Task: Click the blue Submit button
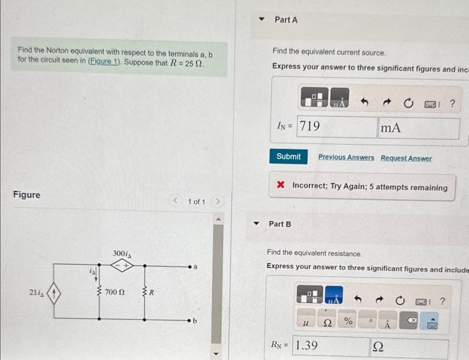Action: pos(289,157)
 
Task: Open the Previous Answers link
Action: pos(346,158)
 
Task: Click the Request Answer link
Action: pos(406,158)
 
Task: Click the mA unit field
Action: pos(419,127)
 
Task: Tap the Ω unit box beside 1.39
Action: pos(409,347)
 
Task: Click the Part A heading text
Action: pos(286,20)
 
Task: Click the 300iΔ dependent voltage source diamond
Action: pos(122,265)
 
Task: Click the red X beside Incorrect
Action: pos(281,188)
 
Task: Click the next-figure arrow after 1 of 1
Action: pos(218,202)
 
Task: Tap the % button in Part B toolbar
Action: pos(348,322)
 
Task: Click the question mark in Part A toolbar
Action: pos(452,103)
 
